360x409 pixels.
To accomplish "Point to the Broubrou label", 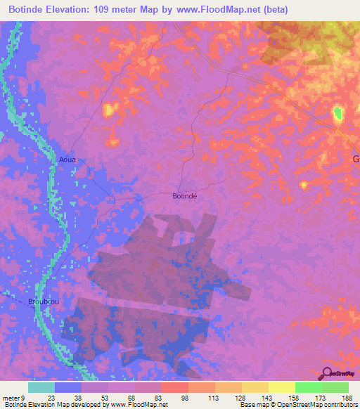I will (41, 301).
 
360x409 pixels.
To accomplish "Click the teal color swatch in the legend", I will (41, 387).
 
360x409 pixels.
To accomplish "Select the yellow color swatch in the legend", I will (281, 387).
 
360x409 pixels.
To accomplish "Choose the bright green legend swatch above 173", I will (308, 387).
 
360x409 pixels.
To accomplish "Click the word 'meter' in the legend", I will (12, 396).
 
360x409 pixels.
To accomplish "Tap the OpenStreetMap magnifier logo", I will (326, 374).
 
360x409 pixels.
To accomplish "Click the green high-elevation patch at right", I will (338, 112).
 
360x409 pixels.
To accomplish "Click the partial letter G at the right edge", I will (356, 160).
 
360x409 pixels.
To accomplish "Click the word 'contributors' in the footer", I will (340, 405).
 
